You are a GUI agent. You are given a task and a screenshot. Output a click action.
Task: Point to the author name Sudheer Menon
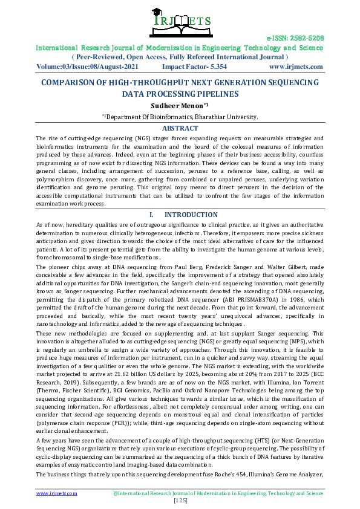(x=178, y=106)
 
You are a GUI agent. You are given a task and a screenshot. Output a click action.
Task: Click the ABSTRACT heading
(x=180, y=128)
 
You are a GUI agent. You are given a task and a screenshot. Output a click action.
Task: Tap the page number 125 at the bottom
(x=180, y=501)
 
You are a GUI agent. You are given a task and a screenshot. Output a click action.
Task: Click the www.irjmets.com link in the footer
(x=57, y=493)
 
